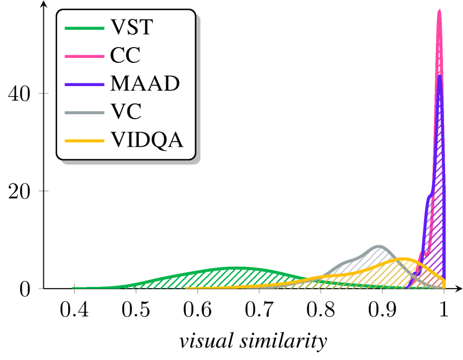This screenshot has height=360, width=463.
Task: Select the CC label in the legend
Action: [125, 55]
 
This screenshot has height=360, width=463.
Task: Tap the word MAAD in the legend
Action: [145, 83]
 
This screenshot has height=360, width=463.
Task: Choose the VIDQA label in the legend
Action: [147, 140]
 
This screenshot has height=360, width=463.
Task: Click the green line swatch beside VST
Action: [84, 28]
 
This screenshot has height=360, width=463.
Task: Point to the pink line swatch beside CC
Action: [84, 56]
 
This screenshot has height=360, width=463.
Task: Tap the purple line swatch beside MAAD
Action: [84, 84]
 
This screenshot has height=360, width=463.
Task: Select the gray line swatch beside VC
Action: [84, 113]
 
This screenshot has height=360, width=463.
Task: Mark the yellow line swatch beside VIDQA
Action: [84, 141]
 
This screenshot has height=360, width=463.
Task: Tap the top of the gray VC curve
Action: [379, 246]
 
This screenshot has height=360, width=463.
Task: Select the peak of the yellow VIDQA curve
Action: [403, 259]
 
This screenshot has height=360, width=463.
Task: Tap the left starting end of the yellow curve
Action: [186, 287]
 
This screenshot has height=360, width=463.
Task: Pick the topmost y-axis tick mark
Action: [42, 93]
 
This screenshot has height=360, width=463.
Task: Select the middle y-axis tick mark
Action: [42, 191]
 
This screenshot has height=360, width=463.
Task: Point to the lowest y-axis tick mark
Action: [41, 289]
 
